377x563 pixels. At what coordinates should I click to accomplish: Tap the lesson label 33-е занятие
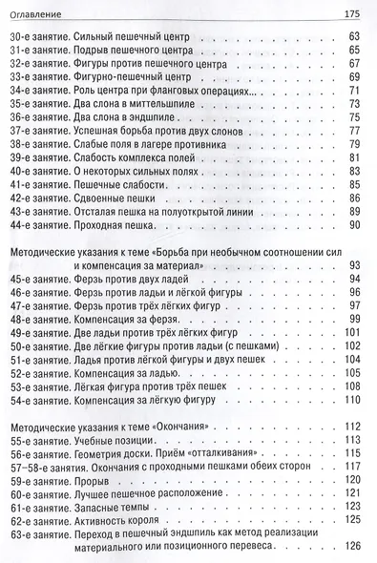(40, 76)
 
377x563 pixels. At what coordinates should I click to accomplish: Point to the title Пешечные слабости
(123, 183)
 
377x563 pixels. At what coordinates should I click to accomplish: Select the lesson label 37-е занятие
(40, 130)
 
